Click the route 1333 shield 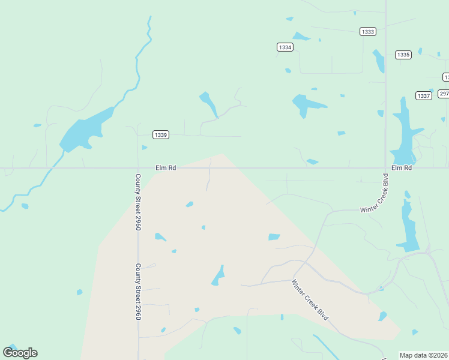tap(368, 31)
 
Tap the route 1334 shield tap(285, 47)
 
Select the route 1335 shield tap(403, 55)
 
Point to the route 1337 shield tap(423, 96)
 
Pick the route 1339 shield tap(160, 134)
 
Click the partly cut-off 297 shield tap(444, 94)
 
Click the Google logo tap(20, 353)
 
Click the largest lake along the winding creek tap(84, 132)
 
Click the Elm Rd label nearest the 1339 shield tap(165, 168)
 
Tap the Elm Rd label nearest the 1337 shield tap(402, 168)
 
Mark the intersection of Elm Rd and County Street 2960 tap(138, 168)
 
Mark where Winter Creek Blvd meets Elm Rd tap(385, 168)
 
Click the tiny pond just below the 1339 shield tap(144, 147)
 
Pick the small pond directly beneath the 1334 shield tap(288, 71)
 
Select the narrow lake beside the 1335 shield tap(379, 61)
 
